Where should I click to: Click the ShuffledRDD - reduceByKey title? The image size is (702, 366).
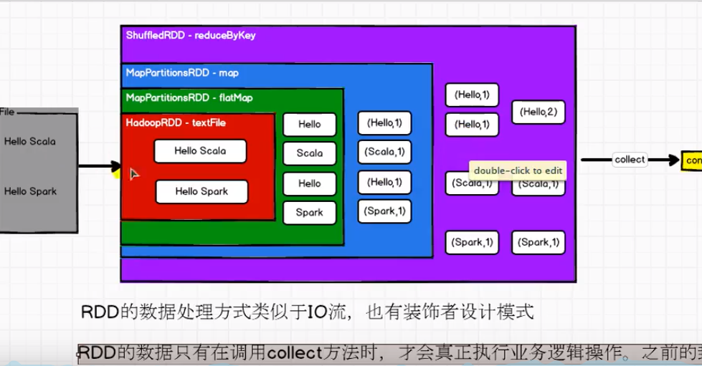(190, 35)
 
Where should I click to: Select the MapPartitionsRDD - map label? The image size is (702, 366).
(182, 73)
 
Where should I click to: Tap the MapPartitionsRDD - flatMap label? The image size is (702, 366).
(189, 97)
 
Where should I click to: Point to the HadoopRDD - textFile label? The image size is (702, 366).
(176, 123)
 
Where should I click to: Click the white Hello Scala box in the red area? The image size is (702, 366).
(200, 151)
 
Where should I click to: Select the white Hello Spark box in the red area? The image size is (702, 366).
(201, 191)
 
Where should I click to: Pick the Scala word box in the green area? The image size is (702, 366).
(309, 153)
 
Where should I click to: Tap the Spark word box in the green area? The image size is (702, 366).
(309, 213)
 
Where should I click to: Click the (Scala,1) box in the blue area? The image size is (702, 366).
(384, 151)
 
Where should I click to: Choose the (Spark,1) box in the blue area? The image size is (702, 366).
(384, 211)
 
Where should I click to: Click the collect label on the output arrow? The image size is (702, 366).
(630, 160)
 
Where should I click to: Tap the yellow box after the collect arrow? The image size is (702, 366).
(691, 161)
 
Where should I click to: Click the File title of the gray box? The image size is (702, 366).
(6, 112)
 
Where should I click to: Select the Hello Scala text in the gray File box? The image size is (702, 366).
(29, 142)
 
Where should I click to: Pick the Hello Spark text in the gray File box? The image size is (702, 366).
(29, 192)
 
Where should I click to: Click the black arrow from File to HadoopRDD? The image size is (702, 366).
(97, 167)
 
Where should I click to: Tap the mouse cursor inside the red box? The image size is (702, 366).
(134, 174)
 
